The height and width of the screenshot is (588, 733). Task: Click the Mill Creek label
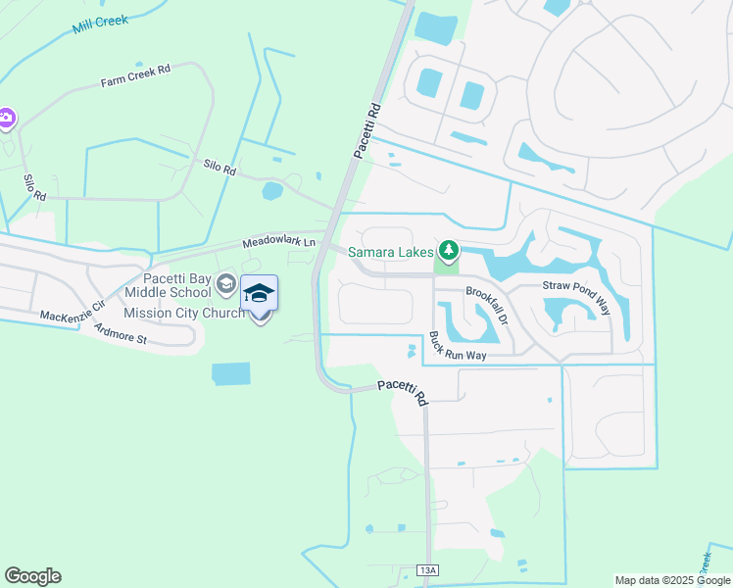pyautogui.click(x=101, y=24)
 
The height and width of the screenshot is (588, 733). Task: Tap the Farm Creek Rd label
pyautogui.click(x=135, y=76)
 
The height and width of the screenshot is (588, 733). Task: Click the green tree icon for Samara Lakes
pyautogui.click(x=449, y=252)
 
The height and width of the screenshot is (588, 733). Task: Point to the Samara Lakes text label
pyautogui.click(x=390, y=253)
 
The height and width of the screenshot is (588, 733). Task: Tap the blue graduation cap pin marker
pyautogui.click(x=259, y=294)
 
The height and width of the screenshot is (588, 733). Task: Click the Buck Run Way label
pyautogui.click(x=458, y=346)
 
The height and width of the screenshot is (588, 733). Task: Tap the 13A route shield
pyautogui.click(x=426, y=570)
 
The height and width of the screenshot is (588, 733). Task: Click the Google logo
pyautogui.click(x=32, y=576)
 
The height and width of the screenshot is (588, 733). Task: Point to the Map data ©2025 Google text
pyautogui.click(x=671, y=580)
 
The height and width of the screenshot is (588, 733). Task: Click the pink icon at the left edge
pyautogui.click(x=6, y=119)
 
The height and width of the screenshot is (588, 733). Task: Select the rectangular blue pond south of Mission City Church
pyautogui.click(x=230, y=373)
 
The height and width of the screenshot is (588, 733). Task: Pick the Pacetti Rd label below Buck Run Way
pyautogui.click(x=404, y=391)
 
